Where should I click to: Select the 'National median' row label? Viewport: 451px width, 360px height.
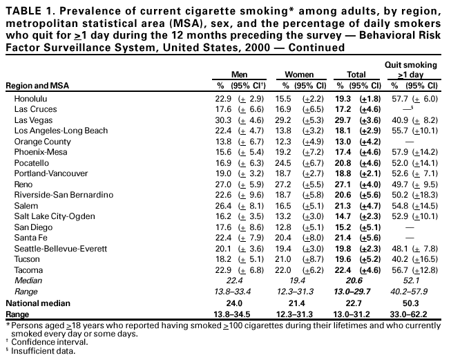[35, 303]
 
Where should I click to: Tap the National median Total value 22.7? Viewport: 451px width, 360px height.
[353, 303]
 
